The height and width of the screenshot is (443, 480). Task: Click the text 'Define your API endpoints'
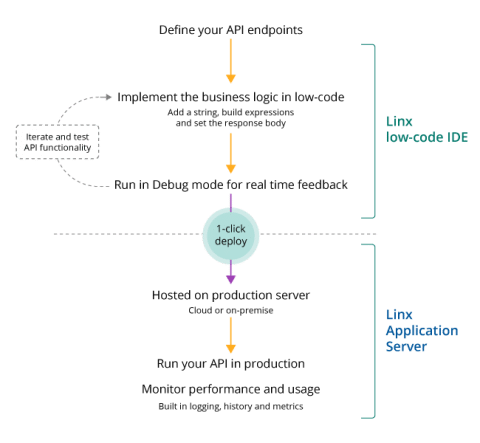231,30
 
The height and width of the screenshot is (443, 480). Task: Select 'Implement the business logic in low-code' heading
231,97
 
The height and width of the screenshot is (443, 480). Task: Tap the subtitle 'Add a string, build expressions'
231,112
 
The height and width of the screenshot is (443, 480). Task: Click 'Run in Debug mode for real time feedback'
231,184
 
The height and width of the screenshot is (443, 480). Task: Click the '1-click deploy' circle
231,235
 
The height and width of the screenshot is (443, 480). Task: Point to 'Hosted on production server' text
231,297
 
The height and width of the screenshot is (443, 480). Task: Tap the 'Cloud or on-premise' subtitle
231,312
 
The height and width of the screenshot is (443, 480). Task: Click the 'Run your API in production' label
231,362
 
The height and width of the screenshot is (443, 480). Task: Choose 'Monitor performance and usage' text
231,388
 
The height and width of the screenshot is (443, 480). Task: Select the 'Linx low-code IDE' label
412,127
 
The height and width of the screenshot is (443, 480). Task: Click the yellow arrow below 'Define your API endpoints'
231,62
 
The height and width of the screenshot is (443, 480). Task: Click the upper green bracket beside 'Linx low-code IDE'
372,129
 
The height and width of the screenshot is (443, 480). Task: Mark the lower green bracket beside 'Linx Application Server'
372,329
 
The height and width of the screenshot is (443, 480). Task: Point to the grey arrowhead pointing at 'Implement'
110,97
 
